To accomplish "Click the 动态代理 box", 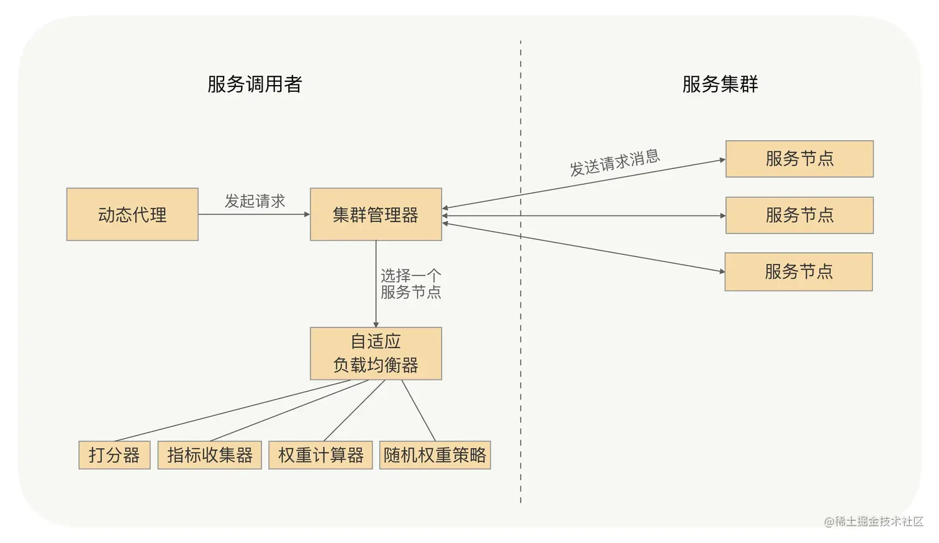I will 132,215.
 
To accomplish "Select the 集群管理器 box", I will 376,215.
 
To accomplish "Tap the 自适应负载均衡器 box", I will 376,354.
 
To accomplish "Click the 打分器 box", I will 114,455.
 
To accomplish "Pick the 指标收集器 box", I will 209,455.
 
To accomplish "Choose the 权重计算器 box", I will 320,455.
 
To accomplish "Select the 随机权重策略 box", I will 435,455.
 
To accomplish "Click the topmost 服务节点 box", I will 799,159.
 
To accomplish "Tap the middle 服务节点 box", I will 799,215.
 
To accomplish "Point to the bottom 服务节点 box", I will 799,272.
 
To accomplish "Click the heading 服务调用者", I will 255,84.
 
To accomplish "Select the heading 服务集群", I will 720,84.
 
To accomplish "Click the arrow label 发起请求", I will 255,201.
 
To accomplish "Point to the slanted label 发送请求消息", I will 615,163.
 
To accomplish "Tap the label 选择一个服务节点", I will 411,284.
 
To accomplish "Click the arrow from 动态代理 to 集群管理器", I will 254,215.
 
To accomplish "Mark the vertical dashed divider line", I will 520,372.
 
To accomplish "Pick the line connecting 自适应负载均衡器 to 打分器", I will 233,411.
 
